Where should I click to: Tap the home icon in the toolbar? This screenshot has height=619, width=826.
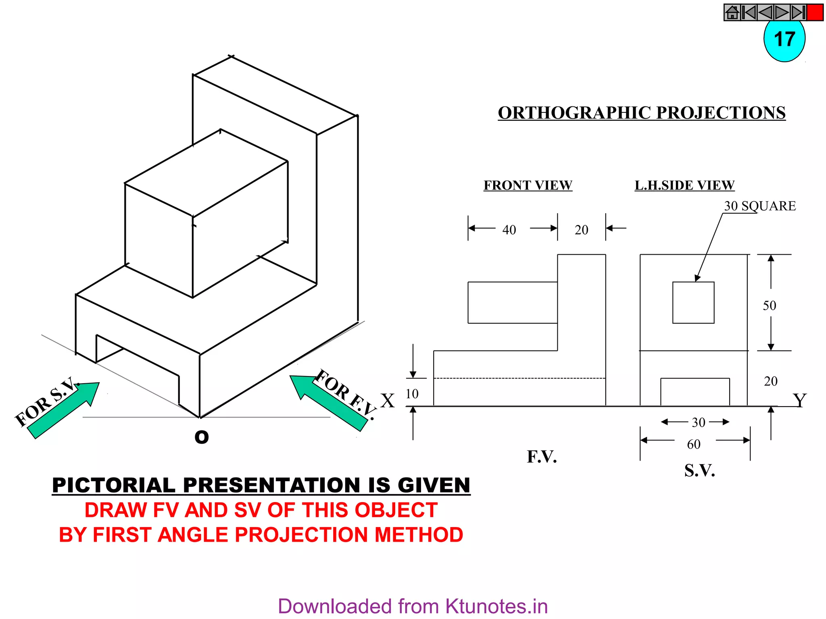(x=732, y=12)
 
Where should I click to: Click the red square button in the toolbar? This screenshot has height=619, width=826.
(x=815, y=12)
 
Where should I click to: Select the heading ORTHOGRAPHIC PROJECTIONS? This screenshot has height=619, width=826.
(x=641, y=113)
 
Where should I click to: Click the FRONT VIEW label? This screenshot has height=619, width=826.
(x=528, y=185)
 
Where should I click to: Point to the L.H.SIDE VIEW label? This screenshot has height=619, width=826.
(x=684, y=185)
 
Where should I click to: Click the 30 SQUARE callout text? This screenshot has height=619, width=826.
(x=759, y=206)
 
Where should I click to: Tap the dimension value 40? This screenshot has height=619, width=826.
(x=509, y=230)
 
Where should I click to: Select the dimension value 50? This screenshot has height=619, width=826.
(x=769, y=305)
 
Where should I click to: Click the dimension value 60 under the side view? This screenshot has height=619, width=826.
(x=694, y=444)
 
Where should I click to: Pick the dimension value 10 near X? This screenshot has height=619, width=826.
(x=412, y=394)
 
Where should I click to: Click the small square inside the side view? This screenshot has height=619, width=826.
(x=693, y=302)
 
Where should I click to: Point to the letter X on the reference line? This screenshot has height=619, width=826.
(x=388, y=401)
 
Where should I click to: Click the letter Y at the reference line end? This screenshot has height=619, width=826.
(x=799, y=400)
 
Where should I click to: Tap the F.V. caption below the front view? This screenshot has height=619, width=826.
(x=542, y=457)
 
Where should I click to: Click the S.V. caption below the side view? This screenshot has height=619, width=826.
(x=699, y=470)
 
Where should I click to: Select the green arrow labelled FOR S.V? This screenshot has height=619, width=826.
(x=65, y=410)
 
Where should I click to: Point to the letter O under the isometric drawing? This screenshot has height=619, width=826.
(x=201, y=437)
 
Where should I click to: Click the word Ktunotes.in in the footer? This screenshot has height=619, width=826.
(x=496, y=607)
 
